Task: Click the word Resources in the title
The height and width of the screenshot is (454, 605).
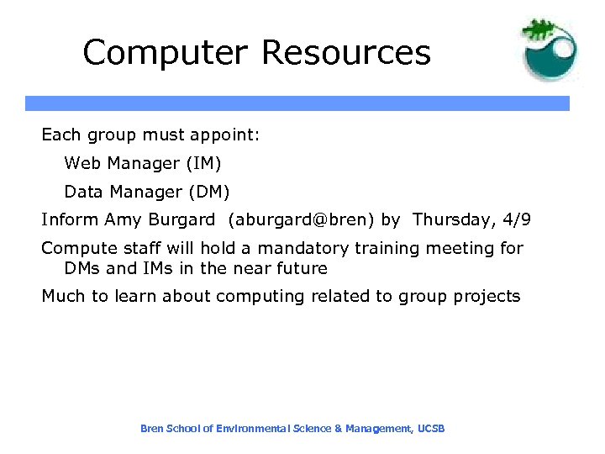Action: (x=346, y=53)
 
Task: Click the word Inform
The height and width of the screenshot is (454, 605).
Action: (x=70, y=220)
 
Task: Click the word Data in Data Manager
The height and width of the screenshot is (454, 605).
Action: (x=83, y=192)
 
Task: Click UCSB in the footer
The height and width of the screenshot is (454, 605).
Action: (x=431, y=429)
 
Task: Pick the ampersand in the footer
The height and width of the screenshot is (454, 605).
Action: (x=338, y=429)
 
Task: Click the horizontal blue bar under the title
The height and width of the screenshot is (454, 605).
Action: (x=297, y=103)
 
